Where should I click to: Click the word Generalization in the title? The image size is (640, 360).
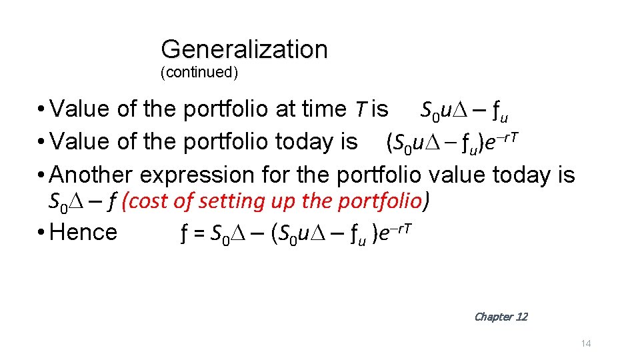tap(244, 49)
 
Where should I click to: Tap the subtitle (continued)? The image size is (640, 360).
tap(199, 72)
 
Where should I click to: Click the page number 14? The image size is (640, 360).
tap(586, 343)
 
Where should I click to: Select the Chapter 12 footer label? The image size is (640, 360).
tap(500, 317)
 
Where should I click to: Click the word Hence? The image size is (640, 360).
tap(83, 233)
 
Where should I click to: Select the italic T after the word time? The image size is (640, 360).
tap(359, 109)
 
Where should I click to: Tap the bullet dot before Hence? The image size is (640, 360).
tap(41, 233)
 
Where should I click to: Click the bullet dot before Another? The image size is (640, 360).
tap(41, 175)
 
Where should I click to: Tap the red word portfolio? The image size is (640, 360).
tap(381, 201)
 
